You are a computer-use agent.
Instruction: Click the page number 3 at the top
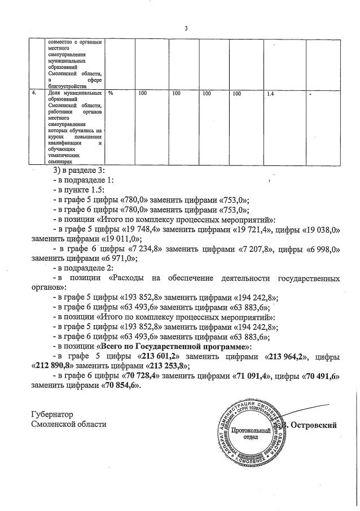(x=186, y=29)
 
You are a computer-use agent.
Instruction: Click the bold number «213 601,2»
(x=159, y=356)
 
